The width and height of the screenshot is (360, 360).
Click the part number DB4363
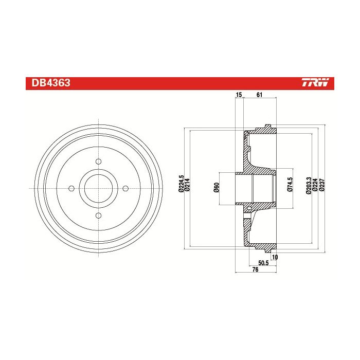pyautogui.click(x=51, y=83)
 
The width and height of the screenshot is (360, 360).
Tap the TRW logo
pyautogui.click(x=315, y=82)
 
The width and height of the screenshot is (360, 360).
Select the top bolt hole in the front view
pyautogui.click(x=99, y=161)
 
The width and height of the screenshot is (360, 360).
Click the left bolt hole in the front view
pyautogui.click(x=71, y=189)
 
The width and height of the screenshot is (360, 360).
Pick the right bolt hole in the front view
pyautogui.click(x=125, y=189)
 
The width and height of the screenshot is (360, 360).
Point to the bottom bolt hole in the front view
pyautogui.click(x=99, y=215)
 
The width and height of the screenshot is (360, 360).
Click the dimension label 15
pyautogui.click(x=239, y=95)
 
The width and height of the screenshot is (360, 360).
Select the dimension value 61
pyautogui.click(x=259, y=95)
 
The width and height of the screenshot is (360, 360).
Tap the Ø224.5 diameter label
pyautogui.click(x=181, y=184)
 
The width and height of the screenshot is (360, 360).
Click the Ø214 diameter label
pyautogui.click(x=187, y=185)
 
